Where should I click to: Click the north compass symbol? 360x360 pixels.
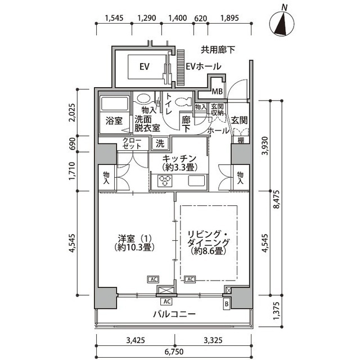pos(282,24)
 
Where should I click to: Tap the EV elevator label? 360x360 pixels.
pos(145,66)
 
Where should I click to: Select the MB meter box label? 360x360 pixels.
pos(217,91)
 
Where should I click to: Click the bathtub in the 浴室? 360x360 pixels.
pos(114,104)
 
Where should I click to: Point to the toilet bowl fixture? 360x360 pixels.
pos(183,101)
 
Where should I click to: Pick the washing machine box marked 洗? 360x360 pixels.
pos(160,144)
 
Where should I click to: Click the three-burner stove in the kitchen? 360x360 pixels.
pos(165,181)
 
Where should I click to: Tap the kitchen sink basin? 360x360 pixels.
pos(196,181)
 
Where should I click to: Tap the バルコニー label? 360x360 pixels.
pos(174,314)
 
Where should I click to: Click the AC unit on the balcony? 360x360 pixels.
pos(166,301)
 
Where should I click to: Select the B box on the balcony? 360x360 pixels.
pos(227,304)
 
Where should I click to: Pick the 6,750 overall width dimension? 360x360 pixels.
pos(174,352)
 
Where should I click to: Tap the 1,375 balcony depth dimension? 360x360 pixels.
pos(277,311)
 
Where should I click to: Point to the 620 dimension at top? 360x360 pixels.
pos(201,18)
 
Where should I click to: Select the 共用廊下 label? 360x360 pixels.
pos(218,49)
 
